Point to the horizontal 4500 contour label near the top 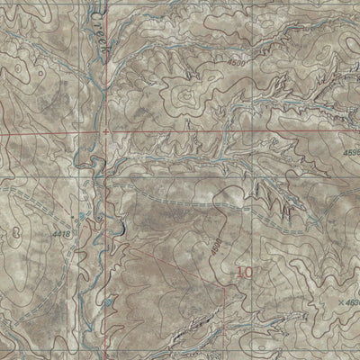pyautogui.click(x=238, y=62)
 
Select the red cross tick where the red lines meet pyautogui.click(x=106, y=130)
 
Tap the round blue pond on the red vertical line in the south pyautogui.click(x=107, y=302)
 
